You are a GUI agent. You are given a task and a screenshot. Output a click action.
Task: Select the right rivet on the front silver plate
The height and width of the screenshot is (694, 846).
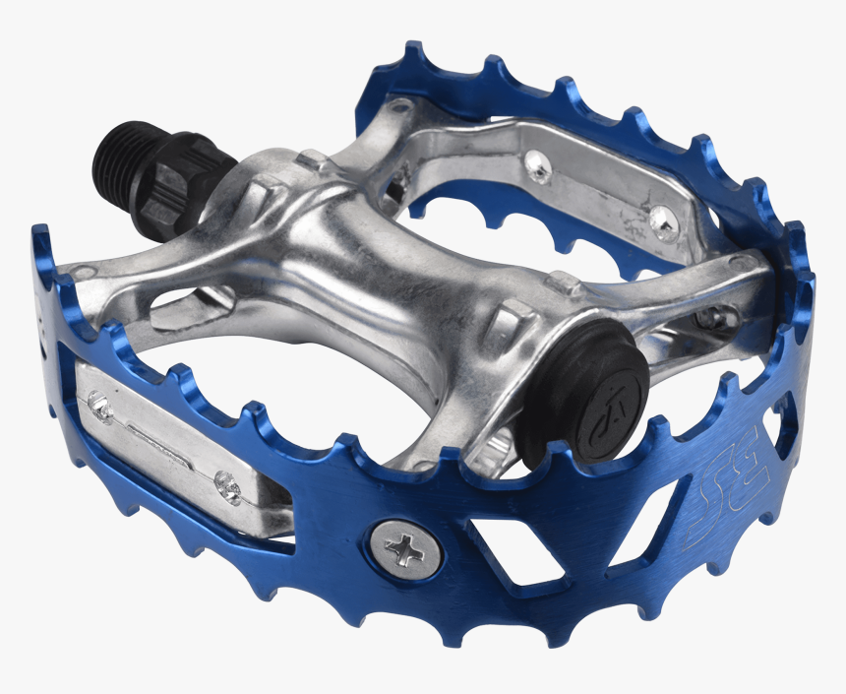(x=226, y=485)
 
